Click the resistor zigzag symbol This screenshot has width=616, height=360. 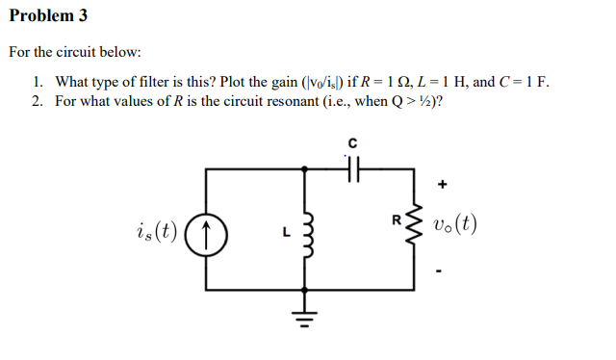click(414, 227)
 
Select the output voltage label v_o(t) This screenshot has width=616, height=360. click(454, 228)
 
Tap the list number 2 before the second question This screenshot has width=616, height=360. click(37, 101)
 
